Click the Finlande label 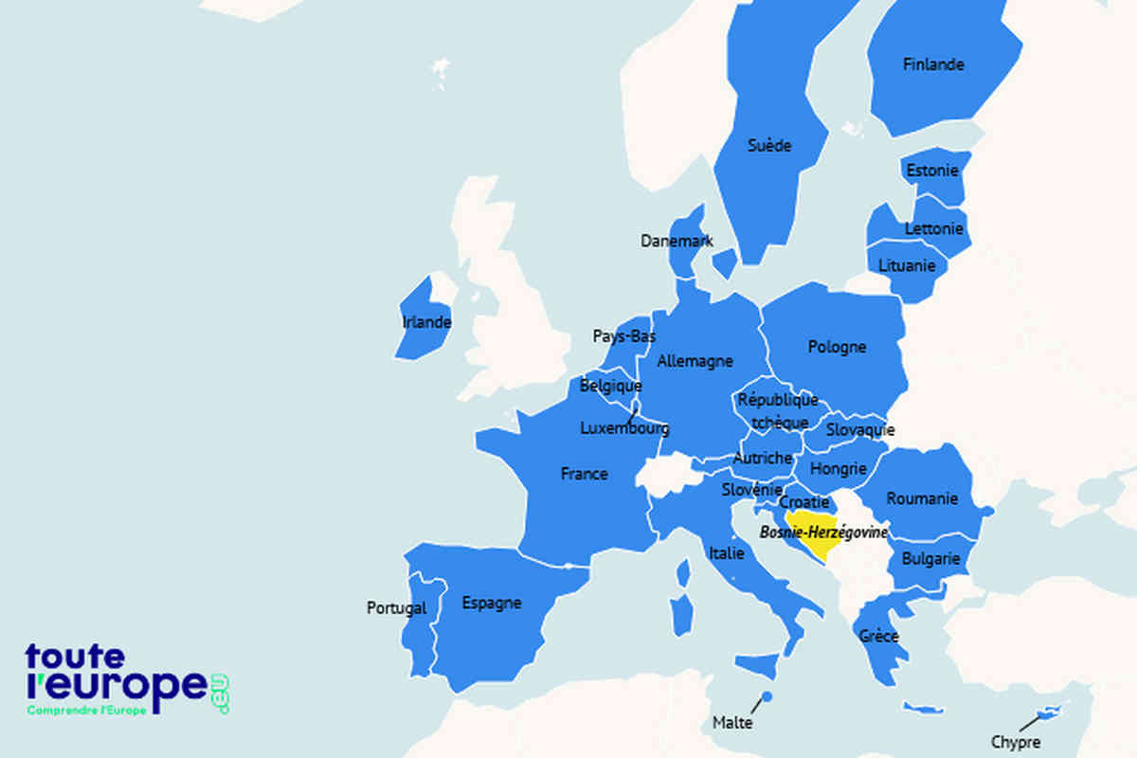pyautogui.click(x=933, y=64)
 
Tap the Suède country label pyautogui.click(x=768, y=146)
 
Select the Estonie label pyautogui.click(x=932, y=171)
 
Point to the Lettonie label pyautogui.click(x=934, y=228)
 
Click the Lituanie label pyautogui.click(x=907, y=265)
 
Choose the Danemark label pyautogui.click(x=677, y=241)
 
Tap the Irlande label pyautogui.click(x=426, y=322)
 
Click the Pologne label pyautogui.click(x=837, y=347)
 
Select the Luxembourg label pyautogui.click(x=624, y=428)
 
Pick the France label pyautogui.click(x=584, y=474)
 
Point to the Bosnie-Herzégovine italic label pyautogui.click(x=823, y=533)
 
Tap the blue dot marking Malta pyautogui.click(x=767, y=697)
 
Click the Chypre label pyautogui.click(x=1015, y=742)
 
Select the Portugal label pyautogui.click(x=396, y=608)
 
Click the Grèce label pyautogui.click(x=878, y=636)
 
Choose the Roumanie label pyautogui.click(x=922, y=498)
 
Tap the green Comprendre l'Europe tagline pyautogui.click(x=87, y=711)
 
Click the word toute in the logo pyautogui.click(x=75, y=656)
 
